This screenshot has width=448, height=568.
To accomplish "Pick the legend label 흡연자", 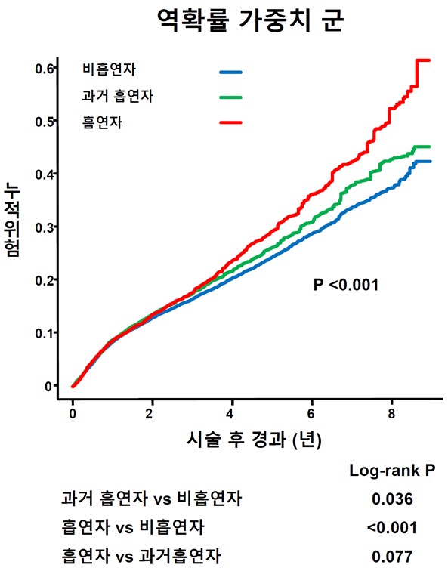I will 102,122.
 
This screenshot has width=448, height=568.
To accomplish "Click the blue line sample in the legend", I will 230,72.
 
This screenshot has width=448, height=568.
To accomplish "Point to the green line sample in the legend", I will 230,97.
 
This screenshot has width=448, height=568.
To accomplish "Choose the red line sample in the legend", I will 230,122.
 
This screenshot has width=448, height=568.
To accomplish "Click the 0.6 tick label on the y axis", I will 43,69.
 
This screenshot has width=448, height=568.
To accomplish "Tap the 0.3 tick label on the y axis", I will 43,227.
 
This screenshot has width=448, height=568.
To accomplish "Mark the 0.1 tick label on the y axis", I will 43,333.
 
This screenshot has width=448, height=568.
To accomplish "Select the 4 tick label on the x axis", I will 232,414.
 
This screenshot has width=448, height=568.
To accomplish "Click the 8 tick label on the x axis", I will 391,414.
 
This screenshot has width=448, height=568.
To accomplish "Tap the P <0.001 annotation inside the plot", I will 345,285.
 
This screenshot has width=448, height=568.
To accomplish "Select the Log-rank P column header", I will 392,471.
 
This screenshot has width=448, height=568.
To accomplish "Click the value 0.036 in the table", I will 392,499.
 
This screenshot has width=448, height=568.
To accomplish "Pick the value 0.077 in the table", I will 392,557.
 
